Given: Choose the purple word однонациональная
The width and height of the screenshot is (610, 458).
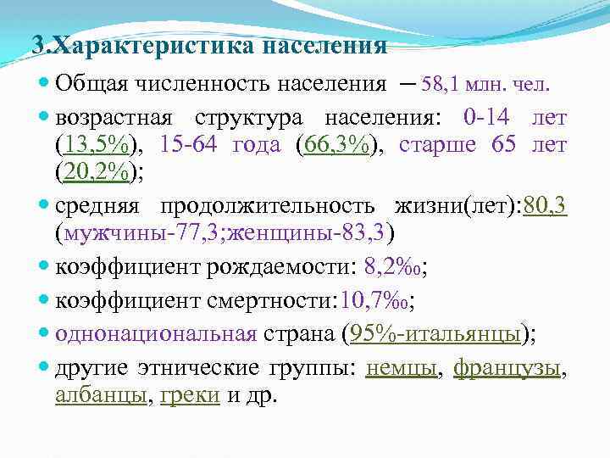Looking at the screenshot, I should click(156, 333).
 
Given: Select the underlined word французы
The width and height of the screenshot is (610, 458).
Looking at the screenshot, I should click(507, 369).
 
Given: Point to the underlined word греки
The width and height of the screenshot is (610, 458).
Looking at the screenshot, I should click(190, 397).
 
